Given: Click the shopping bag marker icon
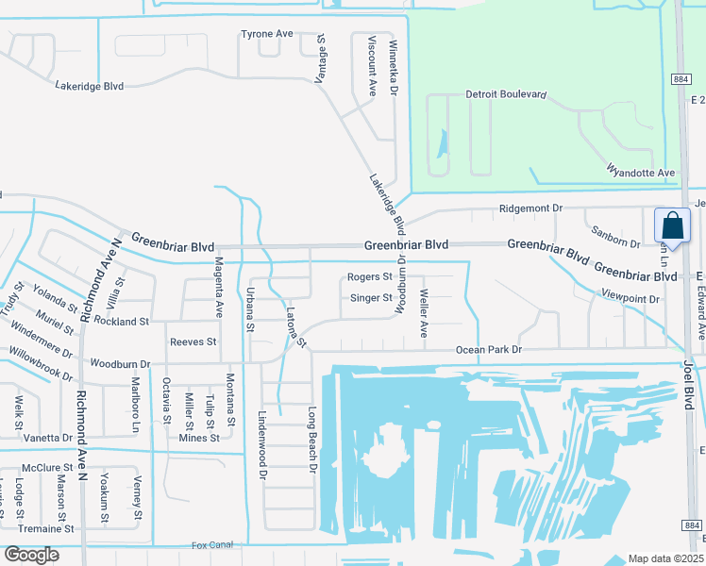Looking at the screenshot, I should pos(671,227).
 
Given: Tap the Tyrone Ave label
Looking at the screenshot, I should pos(267,34).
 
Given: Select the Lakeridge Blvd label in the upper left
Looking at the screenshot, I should pos(89,86).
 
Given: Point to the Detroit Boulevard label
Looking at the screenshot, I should pos(507,95).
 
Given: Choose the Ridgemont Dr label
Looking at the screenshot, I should pos(530,208).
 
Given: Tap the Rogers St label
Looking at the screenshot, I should pos(369,277).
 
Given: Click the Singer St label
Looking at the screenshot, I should pos(371,298).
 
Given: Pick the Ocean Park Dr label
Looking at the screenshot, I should pos(489,350).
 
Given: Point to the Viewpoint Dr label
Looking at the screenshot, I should pos(630,297).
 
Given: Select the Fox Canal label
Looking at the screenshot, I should pos(211,545).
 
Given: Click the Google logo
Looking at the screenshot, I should pos(31,555).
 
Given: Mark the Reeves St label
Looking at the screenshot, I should pos(193,341).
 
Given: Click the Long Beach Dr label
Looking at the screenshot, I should pos(312,439).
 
